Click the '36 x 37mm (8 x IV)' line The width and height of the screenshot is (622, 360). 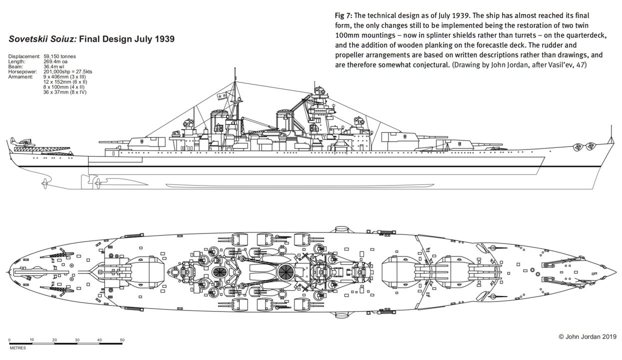(64, 92)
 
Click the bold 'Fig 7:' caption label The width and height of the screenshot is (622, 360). (343, 15)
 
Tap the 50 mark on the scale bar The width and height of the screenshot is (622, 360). (122, 340)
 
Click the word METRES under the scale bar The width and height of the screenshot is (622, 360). (17, 347)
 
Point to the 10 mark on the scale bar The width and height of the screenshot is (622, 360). (31, 340)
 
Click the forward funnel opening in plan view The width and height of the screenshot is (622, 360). (286, 272)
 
